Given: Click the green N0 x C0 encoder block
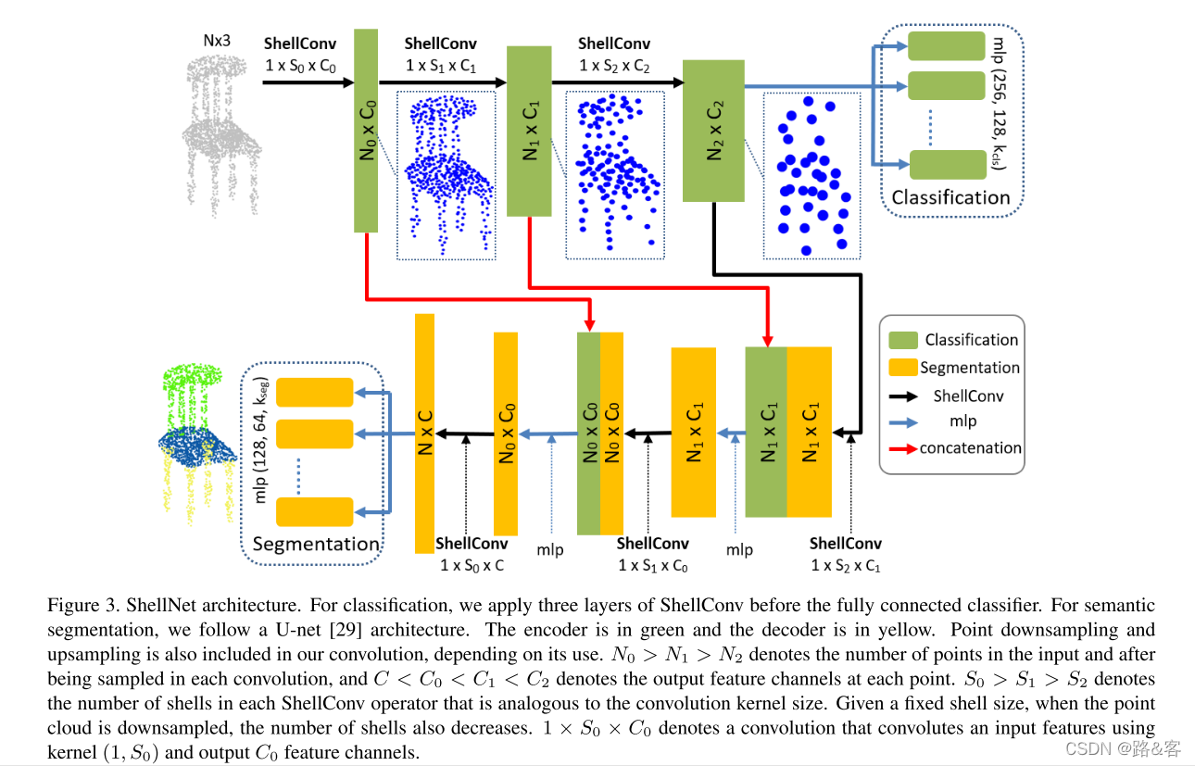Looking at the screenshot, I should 366,130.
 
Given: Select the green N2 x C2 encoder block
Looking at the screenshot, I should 713,130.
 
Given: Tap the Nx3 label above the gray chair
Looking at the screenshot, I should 217,41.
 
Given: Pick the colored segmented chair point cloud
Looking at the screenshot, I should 196,435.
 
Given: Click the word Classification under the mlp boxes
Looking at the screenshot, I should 950,197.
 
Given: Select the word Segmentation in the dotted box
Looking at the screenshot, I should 316,544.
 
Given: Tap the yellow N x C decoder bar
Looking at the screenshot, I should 424,433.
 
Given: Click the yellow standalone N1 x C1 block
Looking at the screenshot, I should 693,432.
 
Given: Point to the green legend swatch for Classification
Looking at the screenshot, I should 902,340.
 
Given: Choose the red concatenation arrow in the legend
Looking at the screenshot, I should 902,448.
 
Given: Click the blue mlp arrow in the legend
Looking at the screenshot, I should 902,421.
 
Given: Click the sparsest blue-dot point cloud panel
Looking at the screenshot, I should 806,176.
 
